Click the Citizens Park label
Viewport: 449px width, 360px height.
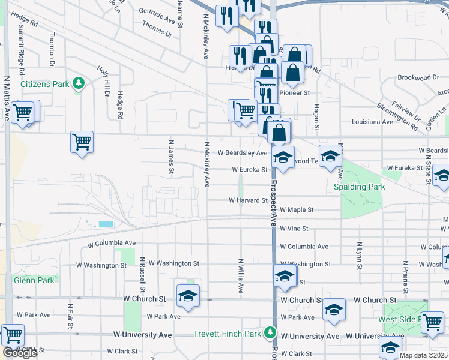point(45,84)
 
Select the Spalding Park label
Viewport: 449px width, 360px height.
point(359,187)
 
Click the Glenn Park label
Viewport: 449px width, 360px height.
point(34,280)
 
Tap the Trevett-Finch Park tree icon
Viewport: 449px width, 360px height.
point(271,332)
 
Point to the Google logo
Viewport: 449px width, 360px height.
point(20,353)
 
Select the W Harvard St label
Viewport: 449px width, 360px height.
point(247,200)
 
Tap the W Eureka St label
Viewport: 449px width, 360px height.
point(250,170)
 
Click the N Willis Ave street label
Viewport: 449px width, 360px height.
point(240,276)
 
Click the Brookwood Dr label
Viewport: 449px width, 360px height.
point(418,77)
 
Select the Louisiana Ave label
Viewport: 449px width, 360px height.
point(372,122)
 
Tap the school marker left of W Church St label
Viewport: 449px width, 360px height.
point(188,295)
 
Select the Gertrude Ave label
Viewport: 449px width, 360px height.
point(156,11)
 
